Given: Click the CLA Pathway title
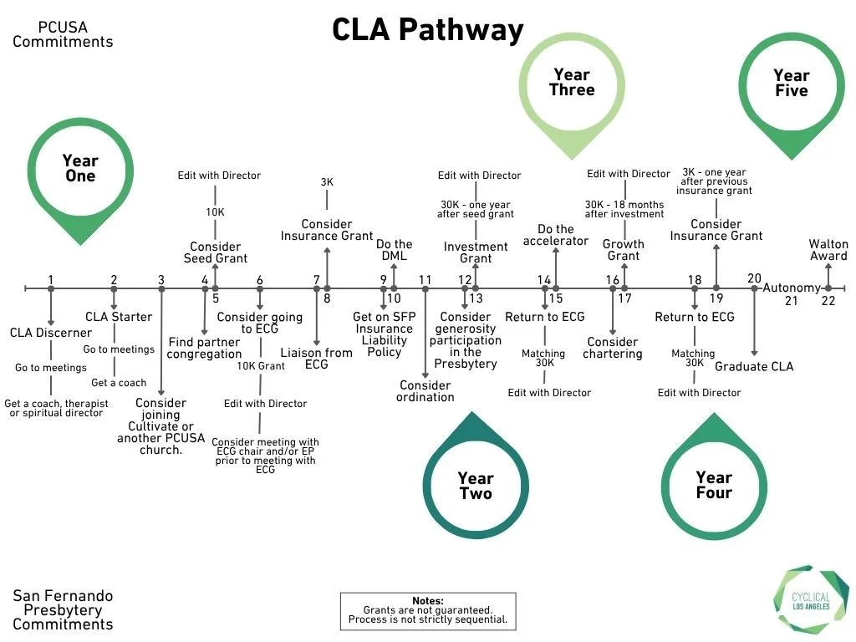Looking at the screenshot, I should click(427, 30).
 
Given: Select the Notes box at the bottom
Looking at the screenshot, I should click(428, 611).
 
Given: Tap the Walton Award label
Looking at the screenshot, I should click(828, 250).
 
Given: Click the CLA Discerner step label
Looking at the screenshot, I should click(51, 333).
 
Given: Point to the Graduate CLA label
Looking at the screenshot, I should click(754, 366).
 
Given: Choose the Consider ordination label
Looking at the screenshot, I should click(425, 391).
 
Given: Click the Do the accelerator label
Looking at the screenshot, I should click(556, 235).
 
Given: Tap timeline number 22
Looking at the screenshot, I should click(828, 301).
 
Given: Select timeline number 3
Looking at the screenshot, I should click(161, 280).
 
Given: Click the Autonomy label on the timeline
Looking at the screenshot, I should click(792, 288).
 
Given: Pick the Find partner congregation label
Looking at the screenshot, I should click(204, 348).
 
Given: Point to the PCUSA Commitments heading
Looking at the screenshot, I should click(63, 34).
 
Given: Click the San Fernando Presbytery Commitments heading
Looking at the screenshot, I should click(63, 609).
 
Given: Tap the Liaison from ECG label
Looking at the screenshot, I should click(316, 359).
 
